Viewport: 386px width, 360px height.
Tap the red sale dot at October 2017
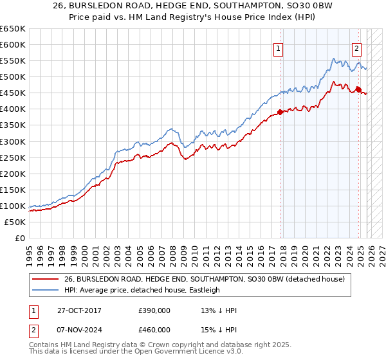coord(280,112)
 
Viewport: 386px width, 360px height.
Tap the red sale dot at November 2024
coord(359,89)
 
